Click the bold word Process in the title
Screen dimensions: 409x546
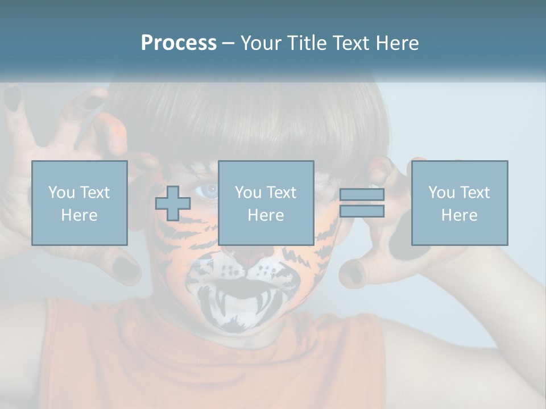(x=179, y=43)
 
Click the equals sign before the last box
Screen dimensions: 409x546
(x=362, y=203)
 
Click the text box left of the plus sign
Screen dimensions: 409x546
(x=80, y=203)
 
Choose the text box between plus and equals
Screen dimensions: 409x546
(x=266, y=203)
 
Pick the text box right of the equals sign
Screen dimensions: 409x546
(x=459, y=203)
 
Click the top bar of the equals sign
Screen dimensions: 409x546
(x=362, y=195)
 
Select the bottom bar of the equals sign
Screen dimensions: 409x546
(x=362, y=211)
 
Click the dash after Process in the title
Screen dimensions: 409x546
(x=228, y=43)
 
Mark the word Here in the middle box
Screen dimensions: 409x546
(x=266, y=215)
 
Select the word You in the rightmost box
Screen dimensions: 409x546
(x=441, y=193)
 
